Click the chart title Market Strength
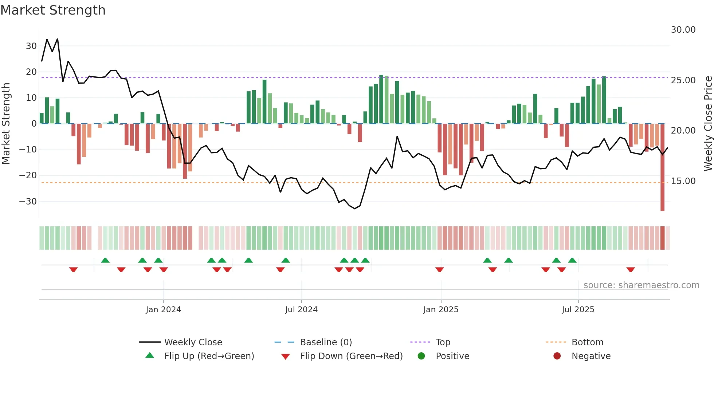(53, 10)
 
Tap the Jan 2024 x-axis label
(163, 310)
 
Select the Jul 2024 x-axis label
(301, 310)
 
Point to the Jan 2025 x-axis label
(441, 310)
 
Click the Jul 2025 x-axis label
(578, 310)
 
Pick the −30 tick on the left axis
(28, 202)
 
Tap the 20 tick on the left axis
(31, 72)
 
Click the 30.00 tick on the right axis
(683, 30)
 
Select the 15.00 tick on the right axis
(683, 181)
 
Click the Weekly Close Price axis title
(708, 124)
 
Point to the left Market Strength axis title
(6, 124)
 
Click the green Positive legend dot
(421, 356)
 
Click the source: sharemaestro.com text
(641, 285)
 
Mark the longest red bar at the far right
(662, 167)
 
